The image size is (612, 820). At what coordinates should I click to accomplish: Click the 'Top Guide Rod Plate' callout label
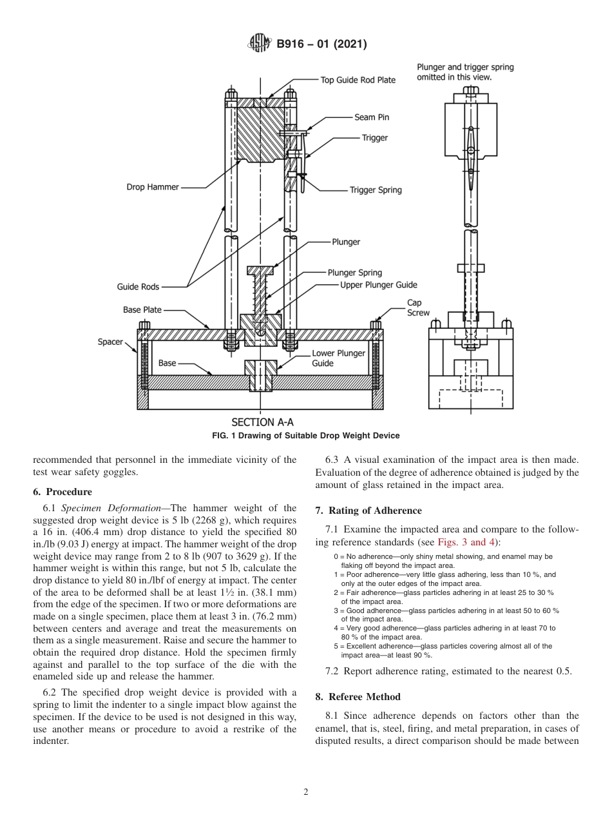(358, 80)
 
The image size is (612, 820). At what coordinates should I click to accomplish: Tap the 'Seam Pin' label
(372, 117)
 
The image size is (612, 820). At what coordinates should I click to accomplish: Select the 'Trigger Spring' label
(376, 190)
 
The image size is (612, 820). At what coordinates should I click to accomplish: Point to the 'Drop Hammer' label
(152, 188)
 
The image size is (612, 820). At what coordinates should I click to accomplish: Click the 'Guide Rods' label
(138, 286)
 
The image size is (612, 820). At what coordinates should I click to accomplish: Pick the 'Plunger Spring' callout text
(354, 273)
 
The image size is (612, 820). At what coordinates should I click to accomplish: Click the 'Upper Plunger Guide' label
(379, 284)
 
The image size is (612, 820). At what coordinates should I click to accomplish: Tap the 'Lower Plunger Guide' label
(338, 358)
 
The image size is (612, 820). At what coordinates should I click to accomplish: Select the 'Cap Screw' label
(418, 307)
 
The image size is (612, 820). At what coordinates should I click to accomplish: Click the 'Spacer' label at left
(110, 342)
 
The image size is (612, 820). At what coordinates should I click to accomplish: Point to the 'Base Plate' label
(142, 310)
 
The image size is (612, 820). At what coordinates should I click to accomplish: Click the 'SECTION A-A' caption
(262, 422)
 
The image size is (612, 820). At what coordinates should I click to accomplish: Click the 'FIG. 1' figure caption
(305, 436)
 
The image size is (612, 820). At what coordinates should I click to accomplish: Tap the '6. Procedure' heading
(62, 492)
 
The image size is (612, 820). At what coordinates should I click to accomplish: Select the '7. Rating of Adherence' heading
(368, 511)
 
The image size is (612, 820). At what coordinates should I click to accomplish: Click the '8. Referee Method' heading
(358, 697)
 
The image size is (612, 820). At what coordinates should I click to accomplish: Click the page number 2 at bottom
(306, 792)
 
